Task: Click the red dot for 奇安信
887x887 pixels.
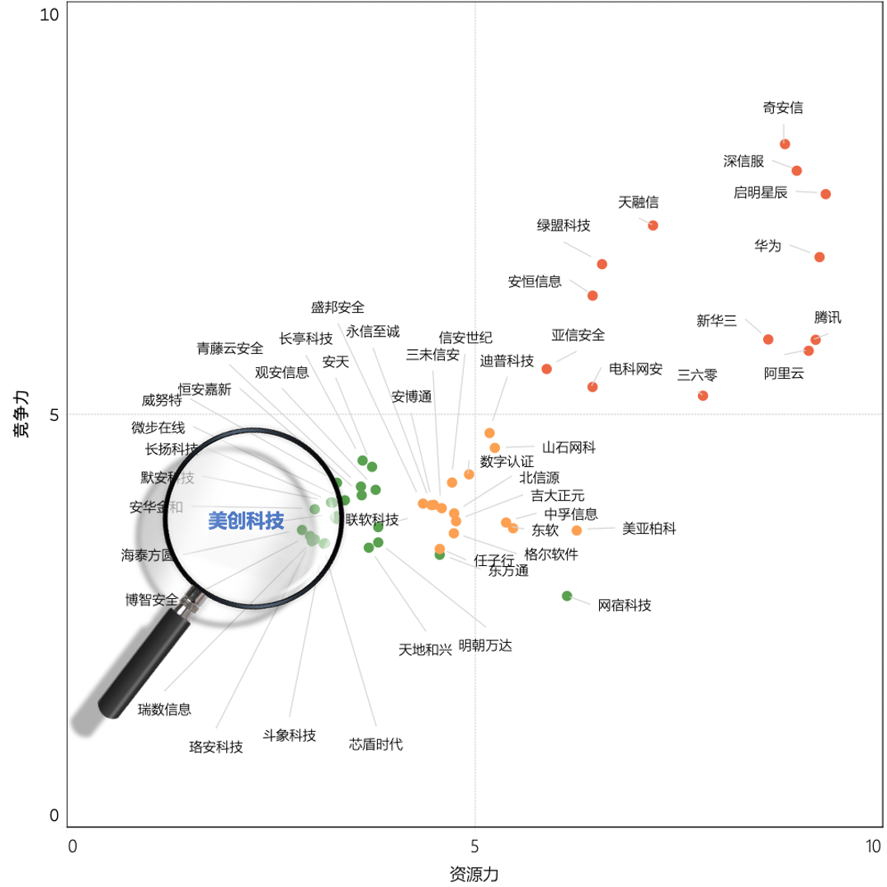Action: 785,144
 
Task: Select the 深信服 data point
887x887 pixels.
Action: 796,171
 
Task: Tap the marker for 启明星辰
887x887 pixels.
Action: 825,194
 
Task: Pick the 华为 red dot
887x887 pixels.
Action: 819,257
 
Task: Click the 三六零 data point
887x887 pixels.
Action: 703,396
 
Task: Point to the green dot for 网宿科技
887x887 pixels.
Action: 567,596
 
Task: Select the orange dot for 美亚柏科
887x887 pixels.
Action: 577,530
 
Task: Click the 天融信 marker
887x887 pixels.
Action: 653,225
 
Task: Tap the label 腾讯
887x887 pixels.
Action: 828,318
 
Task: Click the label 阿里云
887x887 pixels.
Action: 784,373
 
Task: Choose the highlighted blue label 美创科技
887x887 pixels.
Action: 246,521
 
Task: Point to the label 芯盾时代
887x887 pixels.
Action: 376,744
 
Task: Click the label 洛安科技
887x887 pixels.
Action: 216,748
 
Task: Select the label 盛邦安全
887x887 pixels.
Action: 337,308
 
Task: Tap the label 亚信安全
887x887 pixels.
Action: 578,335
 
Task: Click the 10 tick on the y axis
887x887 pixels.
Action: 49,15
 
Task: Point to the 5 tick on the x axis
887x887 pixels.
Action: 474,846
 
